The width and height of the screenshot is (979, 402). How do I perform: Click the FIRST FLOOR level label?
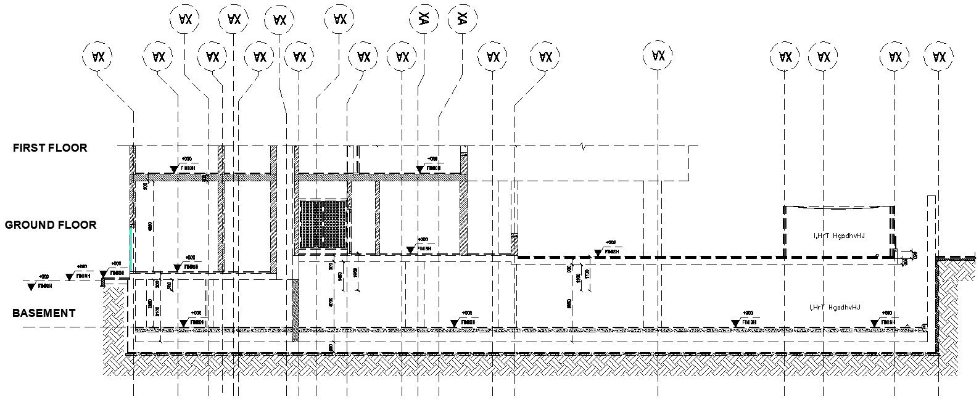[50, 148]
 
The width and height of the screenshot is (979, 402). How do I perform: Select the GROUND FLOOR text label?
[51, 225]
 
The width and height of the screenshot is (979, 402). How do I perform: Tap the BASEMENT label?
[44, 313]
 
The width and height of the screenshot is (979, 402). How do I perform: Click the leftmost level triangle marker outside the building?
[31, 287]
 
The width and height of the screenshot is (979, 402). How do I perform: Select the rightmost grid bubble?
[939, 57]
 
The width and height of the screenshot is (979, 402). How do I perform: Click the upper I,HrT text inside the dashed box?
[840, 236]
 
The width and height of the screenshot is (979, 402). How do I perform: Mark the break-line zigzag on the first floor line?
[583, 147]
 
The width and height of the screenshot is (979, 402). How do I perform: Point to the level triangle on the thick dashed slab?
[598, 253]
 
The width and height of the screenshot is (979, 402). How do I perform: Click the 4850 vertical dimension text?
[151, 226]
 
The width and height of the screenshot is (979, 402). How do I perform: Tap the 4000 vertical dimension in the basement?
[331, 302]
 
